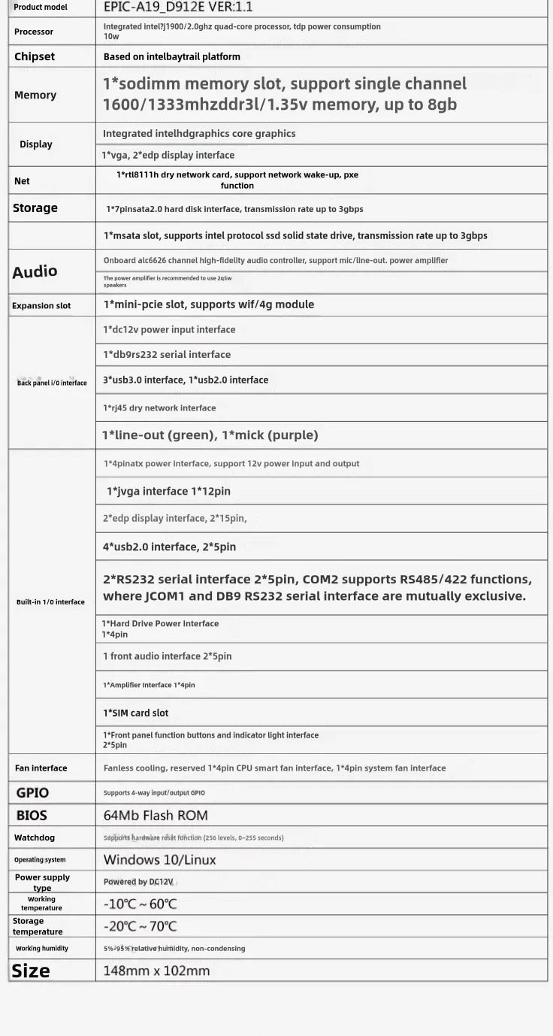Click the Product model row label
tap(41, 8)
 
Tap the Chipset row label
tap(35, 56)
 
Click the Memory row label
tap(35, 95)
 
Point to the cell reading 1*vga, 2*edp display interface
tap(169, 155)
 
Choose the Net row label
tap(22, 181)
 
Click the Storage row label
tap(35, 208)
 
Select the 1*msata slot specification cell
tap(295, 235)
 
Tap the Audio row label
tap(35, 271)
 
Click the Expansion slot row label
tap(42, 306)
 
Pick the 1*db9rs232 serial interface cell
tap(167, 354)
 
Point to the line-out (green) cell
tap(210, 435)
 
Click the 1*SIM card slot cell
tap(136, 713)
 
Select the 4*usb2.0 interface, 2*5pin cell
tap(170, 547)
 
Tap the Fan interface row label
tap(41, 768)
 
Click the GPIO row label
tap(32, 792)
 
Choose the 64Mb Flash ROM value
tap(156, 815)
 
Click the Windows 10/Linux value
tap(159, 859)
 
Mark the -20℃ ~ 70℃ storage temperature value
tap(141, 926)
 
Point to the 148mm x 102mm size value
tap(157, 971)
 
